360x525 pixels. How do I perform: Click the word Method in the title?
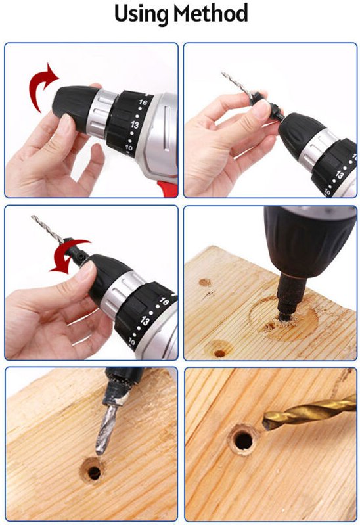coord(211,12)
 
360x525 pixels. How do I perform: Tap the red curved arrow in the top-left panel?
coord(41,86)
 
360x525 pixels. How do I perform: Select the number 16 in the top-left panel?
coord(143,102)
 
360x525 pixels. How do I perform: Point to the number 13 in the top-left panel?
coord(135,125)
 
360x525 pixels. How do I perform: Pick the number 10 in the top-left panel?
coord(129,147)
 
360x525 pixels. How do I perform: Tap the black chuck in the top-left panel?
coord(75,106)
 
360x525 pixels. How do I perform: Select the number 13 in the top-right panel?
coord(340,175)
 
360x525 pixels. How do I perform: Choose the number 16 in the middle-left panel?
coord(164,301)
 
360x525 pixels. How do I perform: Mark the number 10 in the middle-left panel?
coord(131,342)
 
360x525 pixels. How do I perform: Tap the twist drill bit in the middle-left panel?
coord(48,229)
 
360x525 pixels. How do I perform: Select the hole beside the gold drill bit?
coord(243,441)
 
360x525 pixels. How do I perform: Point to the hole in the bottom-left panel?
coord(94,472)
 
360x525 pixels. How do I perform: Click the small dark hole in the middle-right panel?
coord(219,354)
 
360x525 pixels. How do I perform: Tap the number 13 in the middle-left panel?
coord(145,321)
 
